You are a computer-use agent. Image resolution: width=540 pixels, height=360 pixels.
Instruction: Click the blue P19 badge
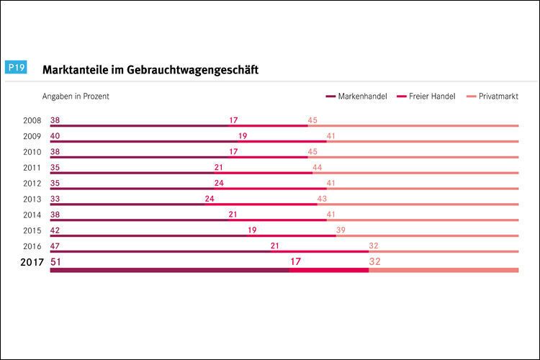pyautogui.click(x=17, y=68)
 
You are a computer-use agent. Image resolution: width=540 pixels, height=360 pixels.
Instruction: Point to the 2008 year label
pyautogui.click(x=32, y=120)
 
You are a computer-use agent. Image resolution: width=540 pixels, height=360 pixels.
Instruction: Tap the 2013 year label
pyautogui.click(x=32, y=199)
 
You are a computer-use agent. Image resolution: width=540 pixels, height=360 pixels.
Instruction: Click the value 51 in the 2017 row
pyautogui.click(x=56, y=262)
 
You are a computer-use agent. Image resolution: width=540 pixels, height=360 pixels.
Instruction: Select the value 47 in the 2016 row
pyautogui.click(x=55, y=246)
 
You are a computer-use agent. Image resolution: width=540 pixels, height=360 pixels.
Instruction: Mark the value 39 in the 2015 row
pyautogui.click(x=341, y=230)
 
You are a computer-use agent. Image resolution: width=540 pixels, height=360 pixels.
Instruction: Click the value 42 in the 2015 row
pyautogui.click(x=55, y=230)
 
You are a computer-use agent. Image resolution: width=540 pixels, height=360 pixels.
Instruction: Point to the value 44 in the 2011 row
pyautogui.click(x=317, y=168)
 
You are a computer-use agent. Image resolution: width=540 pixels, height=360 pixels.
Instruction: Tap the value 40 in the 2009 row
pyautogui.click(x=55, y=136)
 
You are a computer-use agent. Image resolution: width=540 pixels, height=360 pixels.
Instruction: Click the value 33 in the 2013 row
pyautogui.click(x=55, y=199)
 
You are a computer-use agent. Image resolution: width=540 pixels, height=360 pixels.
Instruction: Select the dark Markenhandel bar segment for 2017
pyautogui.click(x=169, y=270)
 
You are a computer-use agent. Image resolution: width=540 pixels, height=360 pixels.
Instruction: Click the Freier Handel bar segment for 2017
pyautogui.click(x=329, y=270)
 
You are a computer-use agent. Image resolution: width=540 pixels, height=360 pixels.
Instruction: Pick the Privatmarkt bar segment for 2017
pyautogui.click(x=443, y=270)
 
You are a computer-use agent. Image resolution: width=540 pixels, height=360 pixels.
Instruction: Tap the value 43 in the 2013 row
pyautogui.click(x=322, y=199)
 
